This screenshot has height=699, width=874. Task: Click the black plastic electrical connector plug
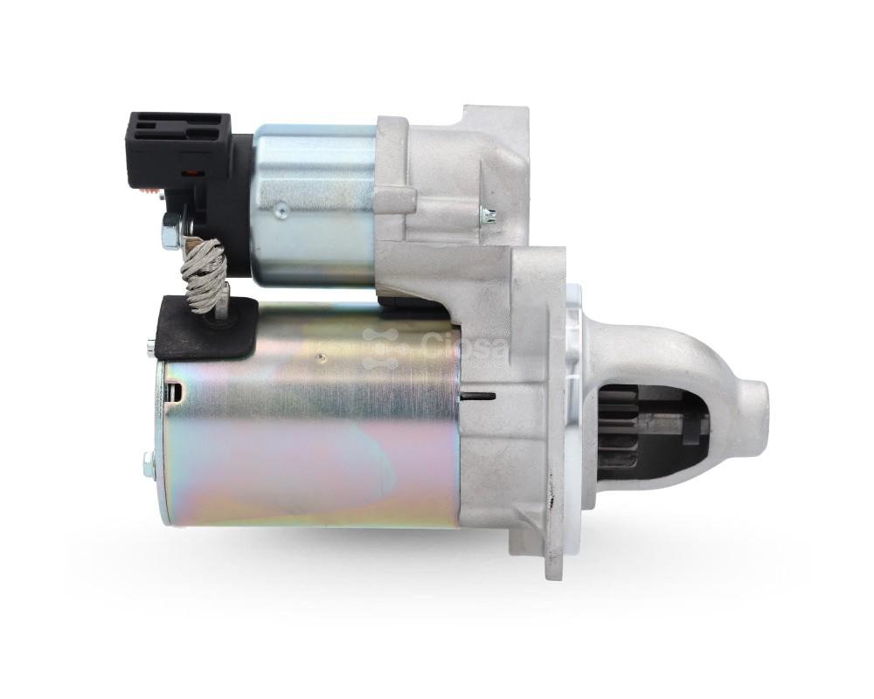178,149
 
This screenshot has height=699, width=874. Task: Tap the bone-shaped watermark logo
381,349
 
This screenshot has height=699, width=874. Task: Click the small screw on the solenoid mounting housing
489,213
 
